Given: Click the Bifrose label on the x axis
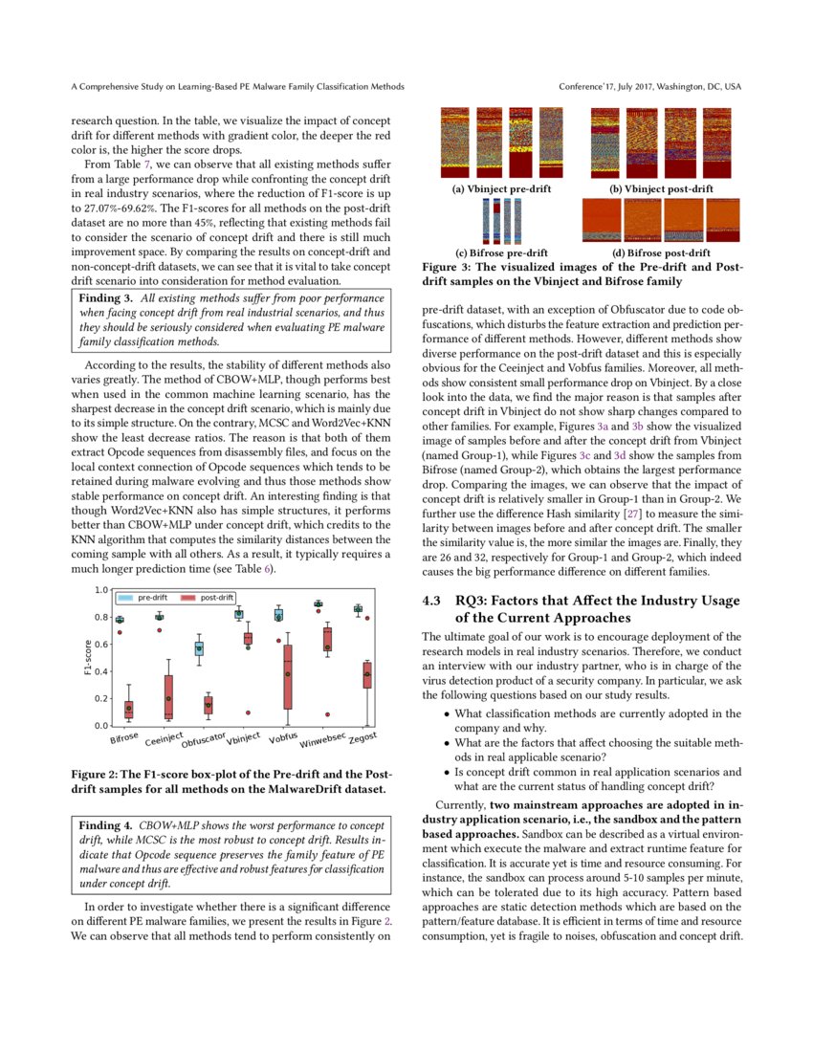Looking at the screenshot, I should tap(124, 737).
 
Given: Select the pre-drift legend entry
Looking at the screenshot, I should tap(143, 597).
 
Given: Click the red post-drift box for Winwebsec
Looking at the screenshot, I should tap(327, 639).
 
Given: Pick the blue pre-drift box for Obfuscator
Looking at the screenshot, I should tap(199, 648).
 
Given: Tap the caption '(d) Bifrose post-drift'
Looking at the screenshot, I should tap(661, 252).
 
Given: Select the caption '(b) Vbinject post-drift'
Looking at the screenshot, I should tap(661, 189).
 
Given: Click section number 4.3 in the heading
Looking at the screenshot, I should tap(432, 601).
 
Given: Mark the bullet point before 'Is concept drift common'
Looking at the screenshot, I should tap(448, 771).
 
